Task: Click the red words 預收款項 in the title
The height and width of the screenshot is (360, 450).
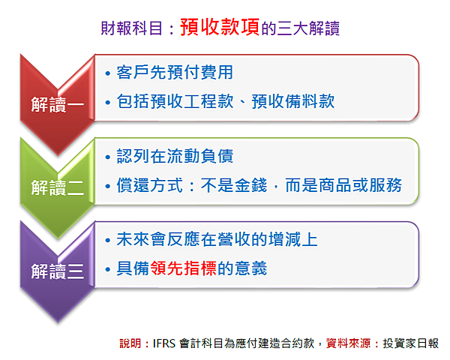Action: (x=220, y=27)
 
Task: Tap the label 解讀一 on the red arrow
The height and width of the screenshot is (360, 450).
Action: (x=58, y=104)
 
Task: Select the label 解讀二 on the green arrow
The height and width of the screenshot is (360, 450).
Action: (x=58, y=187)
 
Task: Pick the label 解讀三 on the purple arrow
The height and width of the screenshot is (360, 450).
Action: (x=58, y=271)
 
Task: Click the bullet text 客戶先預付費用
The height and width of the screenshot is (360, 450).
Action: (x=175, y=72)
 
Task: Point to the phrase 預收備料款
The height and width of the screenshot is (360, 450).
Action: (x=293, y=101)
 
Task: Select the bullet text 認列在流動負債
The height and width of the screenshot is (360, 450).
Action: (x=175, y=156)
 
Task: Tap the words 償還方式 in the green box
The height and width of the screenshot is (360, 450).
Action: (x=149, y=185)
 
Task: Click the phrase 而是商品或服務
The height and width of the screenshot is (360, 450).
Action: (x=343, y=185)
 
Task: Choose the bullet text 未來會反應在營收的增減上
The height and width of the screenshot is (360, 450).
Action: (x=217, y=239)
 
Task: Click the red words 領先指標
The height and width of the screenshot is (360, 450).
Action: (x=183, y=268)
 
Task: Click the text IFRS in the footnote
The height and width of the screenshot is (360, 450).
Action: (x=163, y=343)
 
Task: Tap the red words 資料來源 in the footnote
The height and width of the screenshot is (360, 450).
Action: (x=349, y=343)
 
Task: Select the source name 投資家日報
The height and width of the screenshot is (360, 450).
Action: (x=411, y=343)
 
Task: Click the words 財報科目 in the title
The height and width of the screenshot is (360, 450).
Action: (x=132, y=28)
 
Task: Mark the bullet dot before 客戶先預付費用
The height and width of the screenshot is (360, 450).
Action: (x=107, y=73)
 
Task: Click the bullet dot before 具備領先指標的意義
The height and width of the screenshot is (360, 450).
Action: (x=107, y=269)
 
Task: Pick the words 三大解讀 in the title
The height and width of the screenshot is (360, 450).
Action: (x=308, y=28)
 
